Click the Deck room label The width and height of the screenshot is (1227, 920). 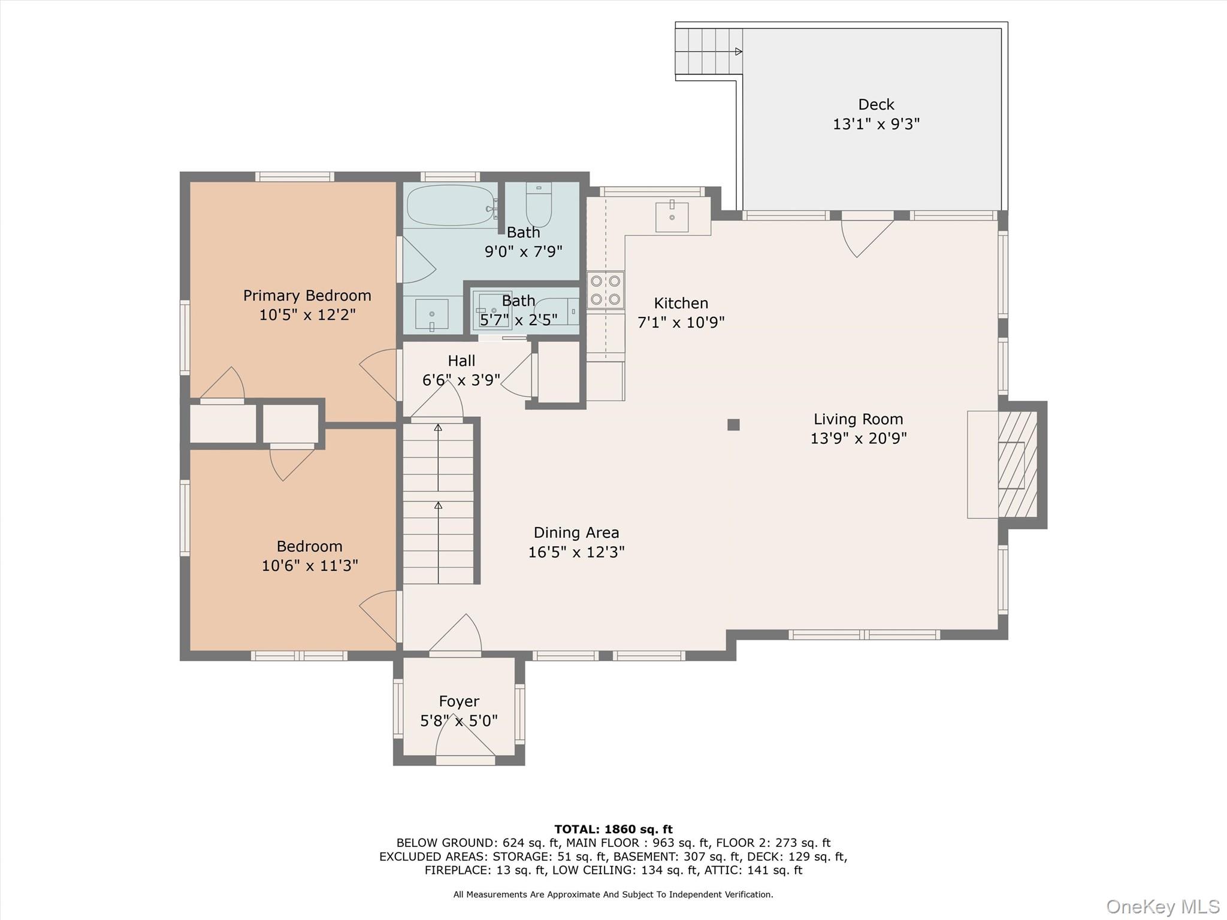pyautogui.click(x=876, y=105)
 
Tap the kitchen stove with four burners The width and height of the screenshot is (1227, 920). pyautogui.click(x=605, y=290)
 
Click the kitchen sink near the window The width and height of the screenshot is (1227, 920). pyautogui.click(x=672, y=216)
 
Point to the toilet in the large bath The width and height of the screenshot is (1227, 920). pyautogui.click(x=539, y=204)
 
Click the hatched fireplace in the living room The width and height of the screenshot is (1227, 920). pyautogui.click(x=1017, y=465)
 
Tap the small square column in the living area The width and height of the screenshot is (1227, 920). pyautogui.click(x=733, y=425)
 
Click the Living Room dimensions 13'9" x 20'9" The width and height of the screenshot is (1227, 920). pyautogui.click(x=859, y=438)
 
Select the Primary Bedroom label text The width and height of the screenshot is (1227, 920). pyautogui.click(x=307, y=295)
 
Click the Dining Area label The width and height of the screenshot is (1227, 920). pyautogui.click(x=576, y=532)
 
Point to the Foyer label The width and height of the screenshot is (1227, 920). pyautogui.click(x=459, y=701)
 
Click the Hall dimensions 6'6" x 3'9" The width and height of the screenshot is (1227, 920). pyautogui.click(x=461, y=380)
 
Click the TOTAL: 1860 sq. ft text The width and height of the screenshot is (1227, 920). pyautogui.click(x=613, y=830)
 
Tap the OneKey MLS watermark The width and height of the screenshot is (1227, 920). pyautogui.click(x=1163, y=906)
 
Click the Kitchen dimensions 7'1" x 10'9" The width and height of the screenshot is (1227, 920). pyautogui.click(x=681, y=322)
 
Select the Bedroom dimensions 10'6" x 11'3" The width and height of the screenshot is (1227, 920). pyautogui.click(x=310, y=565)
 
